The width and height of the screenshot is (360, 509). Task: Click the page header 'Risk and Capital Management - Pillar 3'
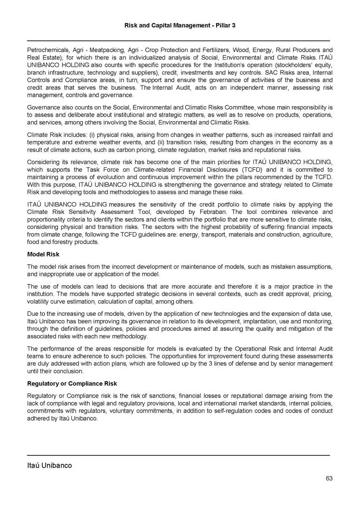tap(180, 24)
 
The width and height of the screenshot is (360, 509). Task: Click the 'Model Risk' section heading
tap(43, 254)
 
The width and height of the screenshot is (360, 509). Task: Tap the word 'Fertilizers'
tap(224, 50)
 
